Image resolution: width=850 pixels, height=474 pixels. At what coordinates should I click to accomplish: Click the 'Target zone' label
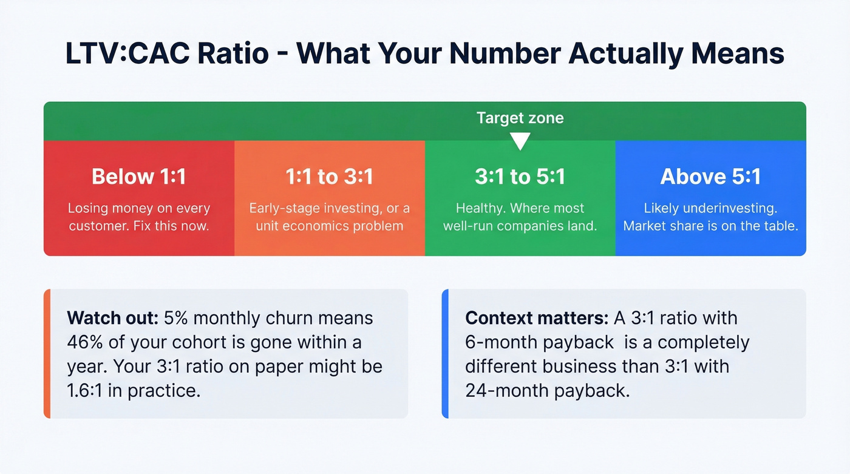(x=520, y=118)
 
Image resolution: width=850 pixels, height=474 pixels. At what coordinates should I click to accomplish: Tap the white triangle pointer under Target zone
(x=520, y=142)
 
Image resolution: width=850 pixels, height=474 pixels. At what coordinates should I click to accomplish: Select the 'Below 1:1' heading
(x=139, y=177)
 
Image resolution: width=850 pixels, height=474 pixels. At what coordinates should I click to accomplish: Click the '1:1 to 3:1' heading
(x=329, y=177)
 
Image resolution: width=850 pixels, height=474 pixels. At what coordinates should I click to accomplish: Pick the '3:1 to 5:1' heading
(x=520, y=177)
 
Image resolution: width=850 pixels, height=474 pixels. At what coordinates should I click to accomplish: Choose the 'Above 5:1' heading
(x=710, y=177)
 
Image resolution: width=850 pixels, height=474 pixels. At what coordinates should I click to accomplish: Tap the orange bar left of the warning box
(x=47, y=354)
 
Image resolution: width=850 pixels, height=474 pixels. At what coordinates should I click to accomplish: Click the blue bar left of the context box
(x=445, y=354)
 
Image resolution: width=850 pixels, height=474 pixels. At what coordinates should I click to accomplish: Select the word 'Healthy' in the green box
(x=479, y=208)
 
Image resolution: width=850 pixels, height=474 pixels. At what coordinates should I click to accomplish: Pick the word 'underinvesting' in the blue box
(x=729, y=208)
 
